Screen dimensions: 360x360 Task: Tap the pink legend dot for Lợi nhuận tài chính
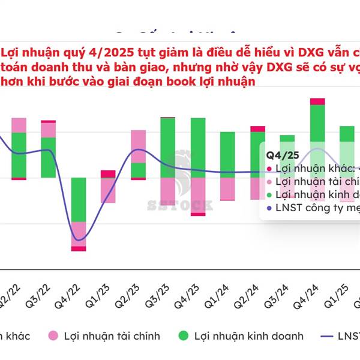pyautogui.click(x=53, y=336)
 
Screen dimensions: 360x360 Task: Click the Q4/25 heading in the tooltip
pyautogui.click(x=278, y=154)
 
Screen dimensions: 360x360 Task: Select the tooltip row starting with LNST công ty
pyautogui.click(x=312, y=208)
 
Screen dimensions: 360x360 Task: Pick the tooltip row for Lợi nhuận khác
pyautogui.click(x=312, y=168)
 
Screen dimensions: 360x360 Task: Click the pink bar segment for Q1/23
pyautogui.click(x=108, y=190)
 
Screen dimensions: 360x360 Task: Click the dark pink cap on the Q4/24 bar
pyautogui.click(x=317, y=101)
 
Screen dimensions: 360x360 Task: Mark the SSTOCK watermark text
pyautogui.click(x=180, y=206)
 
